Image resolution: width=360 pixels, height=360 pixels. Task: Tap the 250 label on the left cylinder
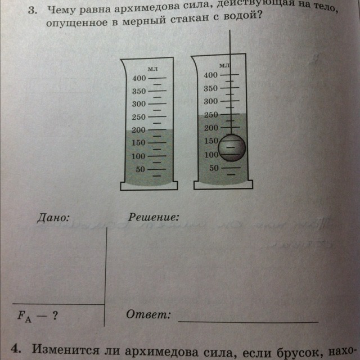tap(138, 117)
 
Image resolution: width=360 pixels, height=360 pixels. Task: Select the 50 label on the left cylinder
tap(140, 169)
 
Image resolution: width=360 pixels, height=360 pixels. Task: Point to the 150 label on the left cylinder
tap(138, 143)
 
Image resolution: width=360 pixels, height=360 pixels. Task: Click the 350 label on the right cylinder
tap(210, 88)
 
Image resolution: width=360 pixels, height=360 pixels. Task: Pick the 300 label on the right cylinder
tap(210, 101)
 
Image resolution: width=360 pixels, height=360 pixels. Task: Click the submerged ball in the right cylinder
tap(232, 147)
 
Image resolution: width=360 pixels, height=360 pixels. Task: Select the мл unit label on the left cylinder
tap(151, 67)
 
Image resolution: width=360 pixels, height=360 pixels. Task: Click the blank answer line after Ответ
tap(247, 321)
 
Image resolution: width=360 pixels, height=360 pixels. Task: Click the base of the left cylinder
tap(149, 185)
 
